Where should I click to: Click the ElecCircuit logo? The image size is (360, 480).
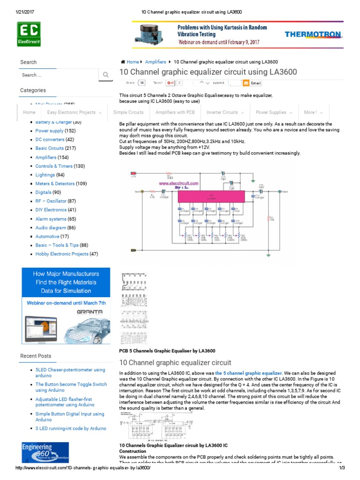pos(29,34)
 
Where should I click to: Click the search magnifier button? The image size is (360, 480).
pos(105,75)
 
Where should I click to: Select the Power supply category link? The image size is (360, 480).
pos(49,131)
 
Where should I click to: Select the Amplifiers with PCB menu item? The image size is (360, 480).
pos(175,112)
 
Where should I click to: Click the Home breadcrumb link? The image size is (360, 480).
pos(132,62)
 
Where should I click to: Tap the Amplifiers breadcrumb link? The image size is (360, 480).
pos(156,62)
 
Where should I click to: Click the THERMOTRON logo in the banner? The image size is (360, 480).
pos(313,34)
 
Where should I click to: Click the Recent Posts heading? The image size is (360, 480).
pos(36,356)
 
